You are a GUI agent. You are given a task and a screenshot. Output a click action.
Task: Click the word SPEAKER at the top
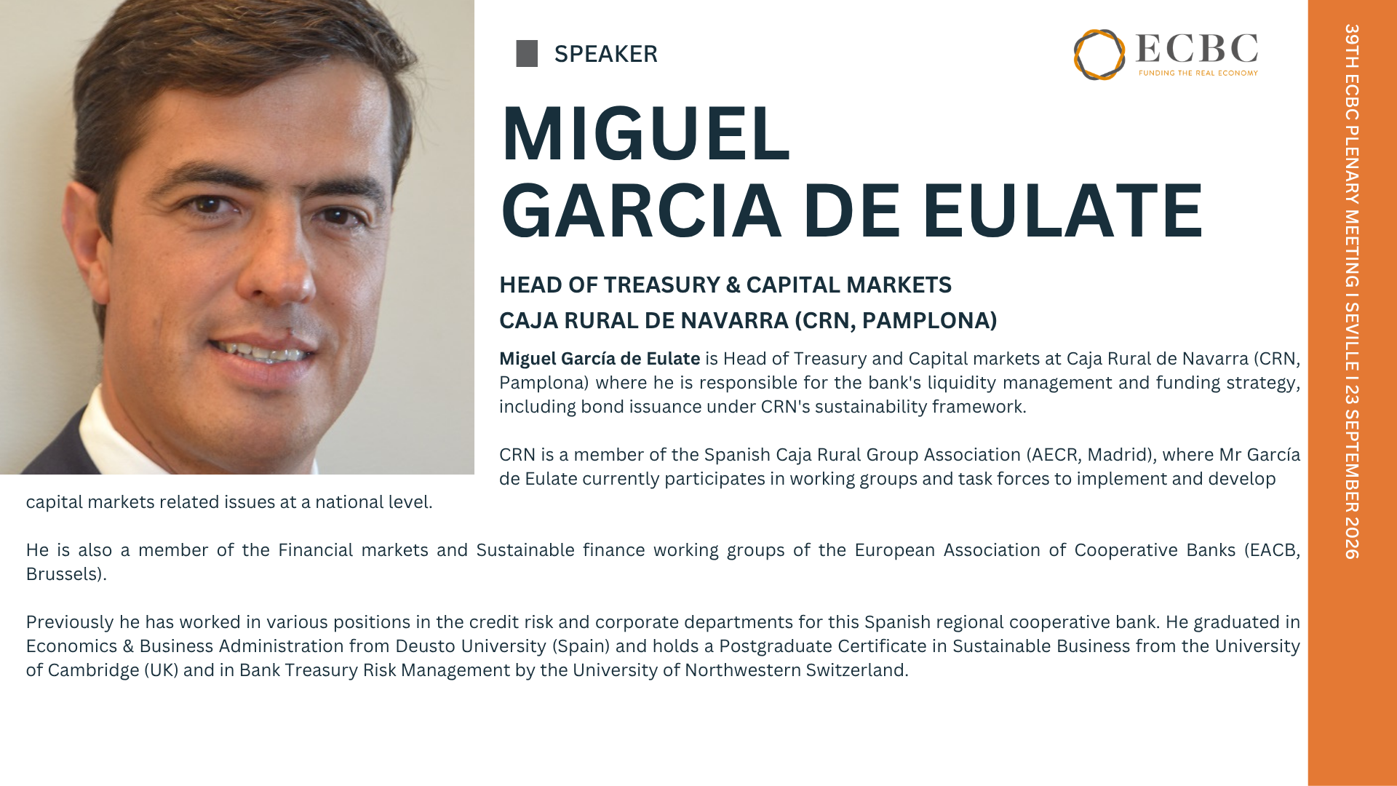[x=605, y=54]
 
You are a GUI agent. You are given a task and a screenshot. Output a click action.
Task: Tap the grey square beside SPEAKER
[x=527, y=54]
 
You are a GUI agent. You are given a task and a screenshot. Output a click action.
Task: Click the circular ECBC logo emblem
[x=1099, y=55]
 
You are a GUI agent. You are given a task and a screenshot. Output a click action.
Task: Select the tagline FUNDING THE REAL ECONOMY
[x=1198, y=73]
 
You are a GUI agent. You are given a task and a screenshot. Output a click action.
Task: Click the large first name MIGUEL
[x=645, y=134]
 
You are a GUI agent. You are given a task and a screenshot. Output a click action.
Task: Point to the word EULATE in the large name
[x=1062, y=211]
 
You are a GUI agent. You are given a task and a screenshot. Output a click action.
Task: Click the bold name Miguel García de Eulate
[x=600, y=359]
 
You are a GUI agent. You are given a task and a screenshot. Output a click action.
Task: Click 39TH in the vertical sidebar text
[x=1352, y=46]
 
